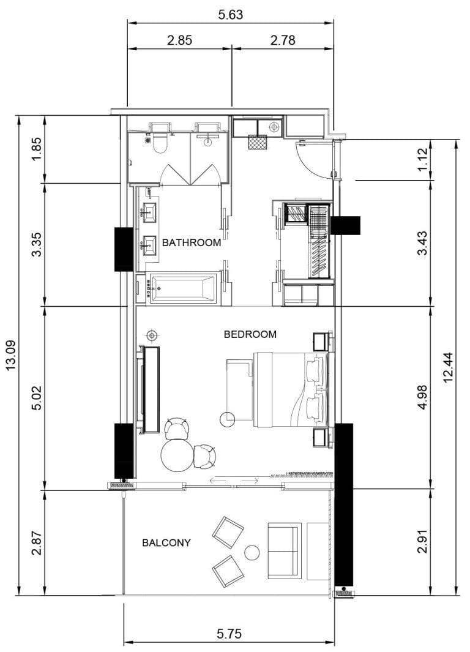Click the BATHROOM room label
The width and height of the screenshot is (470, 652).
pos(191,242)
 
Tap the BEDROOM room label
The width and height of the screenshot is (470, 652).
pos(250,334)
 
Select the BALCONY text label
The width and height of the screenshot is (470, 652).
pos(166,542)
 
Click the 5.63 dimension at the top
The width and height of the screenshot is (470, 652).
pos(231,15)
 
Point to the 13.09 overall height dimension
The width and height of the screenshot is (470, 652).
pos(10,356)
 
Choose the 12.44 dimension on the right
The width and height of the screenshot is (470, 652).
pos(450,367)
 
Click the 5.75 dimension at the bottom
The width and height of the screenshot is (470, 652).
pos(229,634)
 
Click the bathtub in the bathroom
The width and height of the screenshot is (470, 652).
pos(184,288)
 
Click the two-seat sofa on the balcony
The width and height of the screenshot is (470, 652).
pos(284,550)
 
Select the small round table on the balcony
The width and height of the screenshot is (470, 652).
pos(252,553)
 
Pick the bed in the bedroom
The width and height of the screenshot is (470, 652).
pos(288,389)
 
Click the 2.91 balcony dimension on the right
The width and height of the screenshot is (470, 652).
pos(422,542)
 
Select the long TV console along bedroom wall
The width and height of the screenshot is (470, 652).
pos(151,390)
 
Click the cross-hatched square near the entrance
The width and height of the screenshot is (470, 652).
pos(257,142)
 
